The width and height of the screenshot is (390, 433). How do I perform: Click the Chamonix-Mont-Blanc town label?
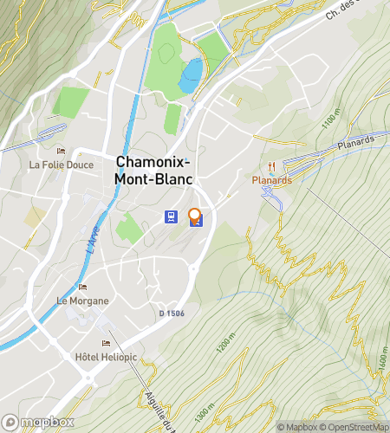click(154, 170)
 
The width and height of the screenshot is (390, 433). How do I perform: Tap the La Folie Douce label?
click(60, 164)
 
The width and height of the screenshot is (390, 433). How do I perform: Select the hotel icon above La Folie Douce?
click(61, 151)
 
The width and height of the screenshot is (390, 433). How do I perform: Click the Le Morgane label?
click(83, 301)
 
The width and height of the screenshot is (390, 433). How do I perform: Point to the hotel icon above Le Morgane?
click(83, 288)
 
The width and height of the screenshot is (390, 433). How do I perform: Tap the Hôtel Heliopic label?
click(103, 357)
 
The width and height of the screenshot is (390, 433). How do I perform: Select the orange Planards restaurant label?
click(271, 180)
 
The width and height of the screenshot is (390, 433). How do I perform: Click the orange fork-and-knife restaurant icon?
click(272, 166)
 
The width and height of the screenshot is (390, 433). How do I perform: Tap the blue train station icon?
click(172, 217)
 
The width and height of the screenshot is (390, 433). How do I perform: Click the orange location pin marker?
click(195, 216)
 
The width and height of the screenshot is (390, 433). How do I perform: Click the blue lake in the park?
click(190, 76)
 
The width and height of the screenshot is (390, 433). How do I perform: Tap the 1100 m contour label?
click(329, 120)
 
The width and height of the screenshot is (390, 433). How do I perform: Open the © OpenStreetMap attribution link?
click(355, 426)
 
